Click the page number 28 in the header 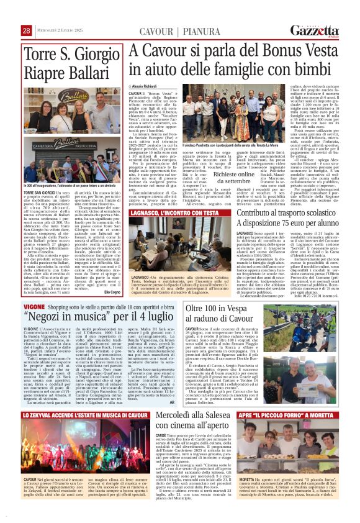pyautogui.click(x=27, y=30)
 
